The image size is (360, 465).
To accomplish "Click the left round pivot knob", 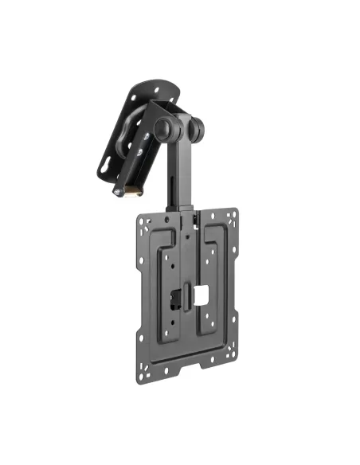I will [163, 128].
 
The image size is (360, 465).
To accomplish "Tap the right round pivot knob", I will [197, 127].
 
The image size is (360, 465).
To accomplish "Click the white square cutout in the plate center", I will [201, 294].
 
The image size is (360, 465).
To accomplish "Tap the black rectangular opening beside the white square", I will [177, 296].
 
